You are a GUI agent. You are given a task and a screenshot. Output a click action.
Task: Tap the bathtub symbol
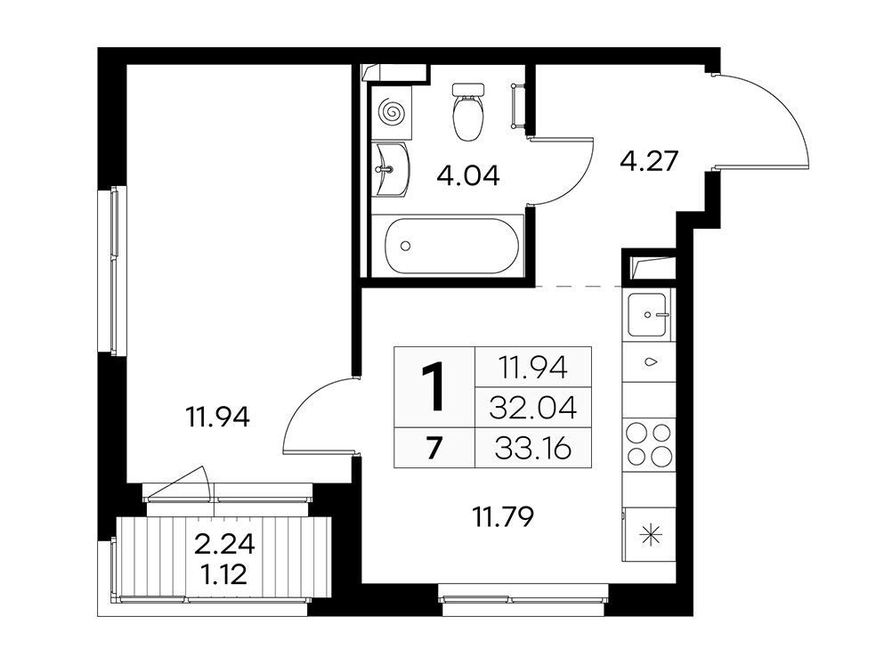[x=452, y=246]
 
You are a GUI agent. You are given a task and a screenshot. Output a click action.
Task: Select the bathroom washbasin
[x=391, y=169]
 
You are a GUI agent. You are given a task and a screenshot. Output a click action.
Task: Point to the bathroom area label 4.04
[x=468, y=176]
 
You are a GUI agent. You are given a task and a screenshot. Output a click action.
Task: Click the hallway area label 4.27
[x=649, y=161]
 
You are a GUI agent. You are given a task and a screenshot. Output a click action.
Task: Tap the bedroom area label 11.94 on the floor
[x=218, y=417]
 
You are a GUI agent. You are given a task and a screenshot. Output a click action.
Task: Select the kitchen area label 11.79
[x=503, y=516]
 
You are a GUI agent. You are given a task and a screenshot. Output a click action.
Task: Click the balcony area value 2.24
[x=224, y=544]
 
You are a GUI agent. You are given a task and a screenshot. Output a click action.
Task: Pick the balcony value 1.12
[x=225, y=574]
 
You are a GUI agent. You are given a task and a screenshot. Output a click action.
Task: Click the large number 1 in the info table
[x=434, y=386]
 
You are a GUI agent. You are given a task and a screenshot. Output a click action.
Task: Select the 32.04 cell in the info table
[x=532, y=408]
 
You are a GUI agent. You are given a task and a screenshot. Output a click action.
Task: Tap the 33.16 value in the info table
[x=532, y=448]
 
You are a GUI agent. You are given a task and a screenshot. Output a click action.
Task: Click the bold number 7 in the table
[x=434, y=448]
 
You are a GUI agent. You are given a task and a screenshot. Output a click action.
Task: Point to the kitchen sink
[x=647, y=315]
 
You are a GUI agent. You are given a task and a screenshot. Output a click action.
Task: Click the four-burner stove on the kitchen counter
[x=649, y=444]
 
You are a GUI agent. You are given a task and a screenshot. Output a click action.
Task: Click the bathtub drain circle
[x=406, y=246]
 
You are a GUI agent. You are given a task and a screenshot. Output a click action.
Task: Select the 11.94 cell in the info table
[x=532, y=368]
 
